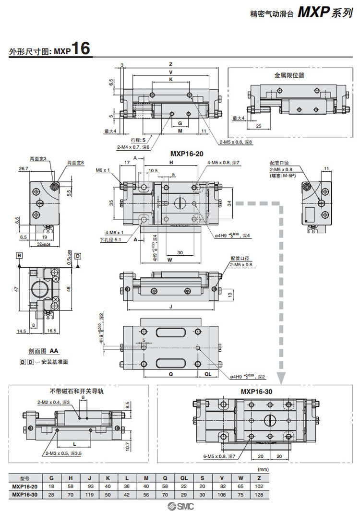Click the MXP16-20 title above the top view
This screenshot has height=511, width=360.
186,154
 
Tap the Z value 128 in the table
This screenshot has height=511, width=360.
260,494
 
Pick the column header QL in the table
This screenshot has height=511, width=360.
185,478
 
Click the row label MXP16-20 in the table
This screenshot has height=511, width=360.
24,486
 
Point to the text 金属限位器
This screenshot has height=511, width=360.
289,75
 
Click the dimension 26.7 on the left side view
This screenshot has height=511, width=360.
24,169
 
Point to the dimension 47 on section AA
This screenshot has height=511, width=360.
16,289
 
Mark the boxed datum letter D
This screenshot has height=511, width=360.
77,255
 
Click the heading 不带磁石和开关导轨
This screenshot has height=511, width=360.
76,391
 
